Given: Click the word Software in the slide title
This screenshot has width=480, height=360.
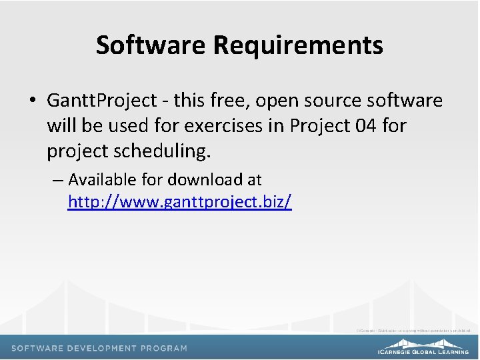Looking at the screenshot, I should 151,45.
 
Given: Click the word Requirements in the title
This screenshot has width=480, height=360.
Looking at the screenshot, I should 298,46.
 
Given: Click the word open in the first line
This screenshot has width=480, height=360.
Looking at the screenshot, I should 277,101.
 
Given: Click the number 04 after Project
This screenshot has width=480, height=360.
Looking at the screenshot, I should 365,125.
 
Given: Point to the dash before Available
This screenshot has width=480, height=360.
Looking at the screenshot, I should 58,180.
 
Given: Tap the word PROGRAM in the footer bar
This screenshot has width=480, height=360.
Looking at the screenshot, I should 166,348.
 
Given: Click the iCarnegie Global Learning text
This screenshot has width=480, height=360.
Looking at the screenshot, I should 423,351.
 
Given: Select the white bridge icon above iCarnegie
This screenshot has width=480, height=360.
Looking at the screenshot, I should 423,341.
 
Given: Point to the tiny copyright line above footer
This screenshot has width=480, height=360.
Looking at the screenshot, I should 413,330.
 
